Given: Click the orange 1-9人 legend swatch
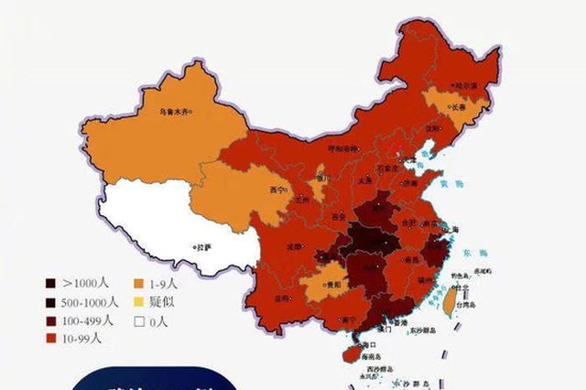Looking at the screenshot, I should click(x=139, y=283).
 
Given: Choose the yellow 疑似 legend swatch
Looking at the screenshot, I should click(x=139, y=301).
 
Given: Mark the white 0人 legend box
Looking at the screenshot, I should click(x=139, y=320).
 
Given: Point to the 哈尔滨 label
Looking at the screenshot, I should click(x=468, y=85).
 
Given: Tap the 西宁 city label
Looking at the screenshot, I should click(x=277, y=190).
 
